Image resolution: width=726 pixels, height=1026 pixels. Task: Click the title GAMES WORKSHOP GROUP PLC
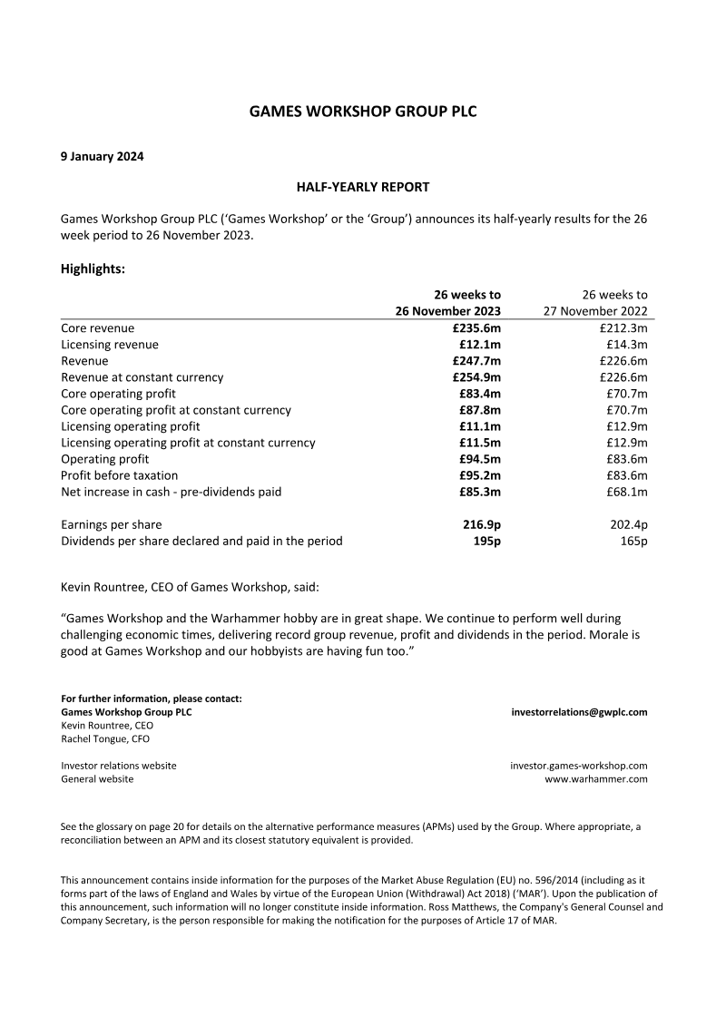click(363, 112)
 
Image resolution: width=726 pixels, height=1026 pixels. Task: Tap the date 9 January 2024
click(102, 156)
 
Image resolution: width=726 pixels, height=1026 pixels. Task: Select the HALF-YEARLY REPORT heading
click(363, 187)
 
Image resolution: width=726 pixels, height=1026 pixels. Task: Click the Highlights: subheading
click(93, 269)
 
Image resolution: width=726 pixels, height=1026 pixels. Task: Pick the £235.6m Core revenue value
click(477, 328)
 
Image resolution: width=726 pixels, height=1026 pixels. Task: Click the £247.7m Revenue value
click(477, 361)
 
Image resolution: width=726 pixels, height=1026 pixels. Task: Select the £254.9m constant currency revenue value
click(477, 377)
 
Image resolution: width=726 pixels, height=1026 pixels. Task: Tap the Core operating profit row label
click(118, 394)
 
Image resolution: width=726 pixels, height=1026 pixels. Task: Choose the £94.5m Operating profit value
click(480, 459)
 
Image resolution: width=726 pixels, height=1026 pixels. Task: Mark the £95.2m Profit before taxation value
click(480, 475)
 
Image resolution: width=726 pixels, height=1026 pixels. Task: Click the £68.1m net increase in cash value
click(627, 492)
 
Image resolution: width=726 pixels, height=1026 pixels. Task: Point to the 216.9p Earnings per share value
click(482, 524)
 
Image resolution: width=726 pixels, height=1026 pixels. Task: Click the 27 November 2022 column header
click(596, 311)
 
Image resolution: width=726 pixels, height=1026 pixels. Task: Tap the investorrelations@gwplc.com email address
click(579, 712)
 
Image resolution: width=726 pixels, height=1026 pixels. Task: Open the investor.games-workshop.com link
click(579, 766)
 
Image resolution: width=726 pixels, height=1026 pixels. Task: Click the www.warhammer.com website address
click(595, 779)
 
